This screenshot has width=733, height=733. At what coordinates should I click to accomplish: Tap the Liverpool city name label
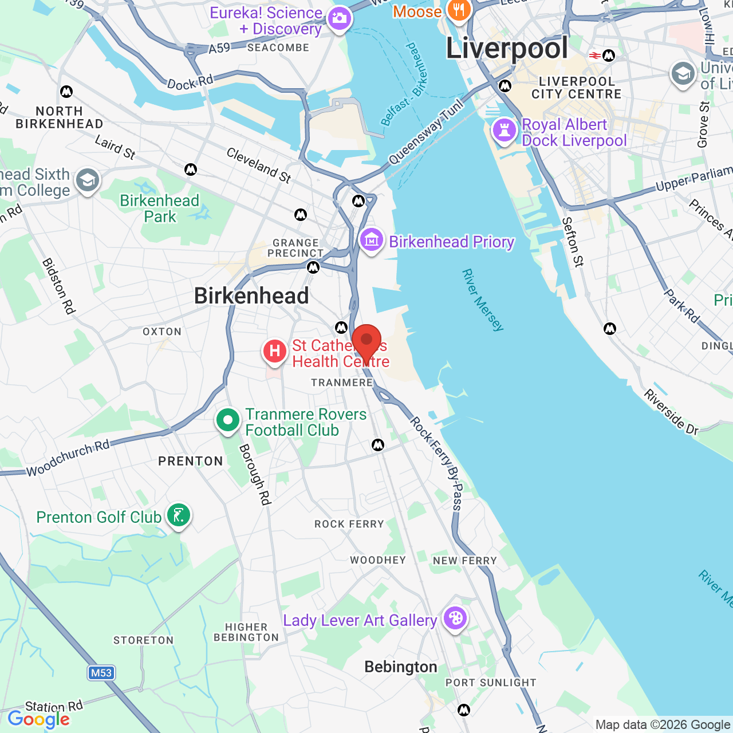(507, 48)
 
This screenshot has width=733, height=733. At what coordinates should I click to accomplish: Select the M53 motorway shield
(101, 673)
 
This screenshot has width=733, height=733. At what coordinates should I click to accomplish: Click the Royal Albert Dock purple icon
(505, 130)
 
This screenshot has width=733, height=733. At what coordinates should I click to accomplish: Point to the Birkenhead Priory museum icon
(372, 241)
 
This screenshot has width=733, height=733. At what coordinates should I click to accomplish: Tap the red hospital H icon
(274, 351)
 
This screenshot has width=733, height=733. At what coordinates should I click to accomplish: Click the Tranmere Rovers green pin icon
(228, 421)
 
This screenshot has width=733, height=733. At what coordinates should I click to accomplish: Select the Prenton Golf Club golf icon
(179, 516)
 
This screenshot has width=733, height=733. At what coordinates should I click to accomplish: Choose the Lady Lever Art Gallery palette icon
(455, 619)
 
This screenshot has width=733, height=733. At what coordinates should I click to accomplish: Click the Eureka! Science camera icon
(340, 19)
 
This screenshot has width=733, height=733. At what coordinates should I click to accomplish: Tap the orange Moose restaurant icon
(459, 10)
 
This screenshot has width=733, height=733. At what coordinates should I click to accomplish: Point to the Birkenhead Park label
(160, 208)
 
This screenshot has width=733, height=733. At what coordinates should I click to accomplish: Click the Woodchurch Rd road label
(68, 459)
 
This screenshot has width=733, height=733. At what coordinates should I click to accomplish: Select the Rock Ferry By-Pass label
(436, 463)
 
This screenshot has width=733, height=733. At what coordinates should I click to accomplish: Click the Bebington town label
(401, 667)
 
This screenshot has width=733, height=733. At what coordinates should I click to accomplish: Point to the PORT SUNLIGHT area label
(491, 683)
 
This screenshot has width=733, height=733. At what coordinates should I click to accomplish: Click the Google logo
(39, 720)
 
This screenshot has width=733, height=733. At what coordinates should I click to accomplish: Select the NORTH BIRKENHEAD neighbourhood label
(60, 117)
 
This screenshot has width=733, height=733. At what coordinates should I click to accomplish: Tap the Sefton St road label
(572, 242)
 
